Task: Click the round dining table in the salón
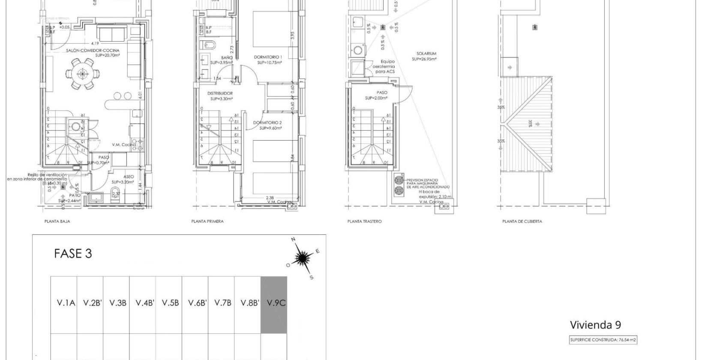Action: [82, 74]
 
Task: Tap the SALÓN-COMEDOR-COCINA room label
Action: [93, 51]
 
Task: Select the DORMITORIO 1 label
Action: [268, 57]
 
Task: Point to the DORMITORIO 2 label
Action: [267, 123]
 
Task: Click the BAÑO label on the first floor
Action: [227, 57]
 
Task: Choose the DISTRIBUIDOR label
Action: [220, 93]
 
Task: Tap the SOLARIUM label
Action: [426, 54]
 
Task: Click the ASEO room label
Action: [128, 177]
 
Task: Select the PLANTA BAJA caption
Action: [57, 222]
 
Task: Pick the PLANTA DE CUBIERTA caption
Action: [522, 222]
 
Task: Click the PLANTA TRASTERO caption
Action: [364, 222]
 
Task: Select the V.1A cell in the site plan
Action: [66, 303]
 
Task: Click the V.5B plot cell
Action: [170, 303]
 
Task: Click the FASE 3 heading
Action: [73, 254]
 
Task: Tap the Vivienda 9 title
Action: [595, 325]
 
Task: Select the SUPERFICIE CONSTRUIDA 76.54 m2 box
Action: [603, 340]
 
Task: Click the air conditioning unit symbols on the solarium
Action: [399, 185]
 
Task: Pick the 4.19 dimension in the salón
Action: [95, 43]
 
